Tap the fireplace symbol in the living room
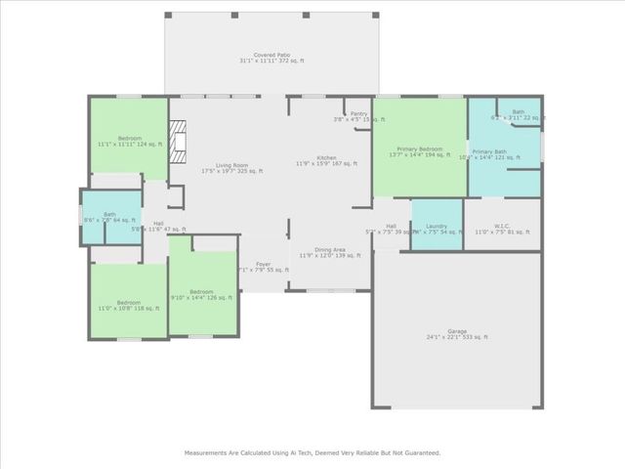click(178, 141)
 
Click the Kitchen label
click(326, 160)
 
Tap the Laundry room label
click(436, 228)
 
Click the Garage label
click(456, 333)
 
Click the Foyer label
click(263, 264)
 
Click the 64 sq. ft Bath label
click(109, 216)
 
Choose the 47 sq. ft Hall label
click(158, 225)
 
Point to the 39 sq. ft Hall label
click(391, 228)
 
